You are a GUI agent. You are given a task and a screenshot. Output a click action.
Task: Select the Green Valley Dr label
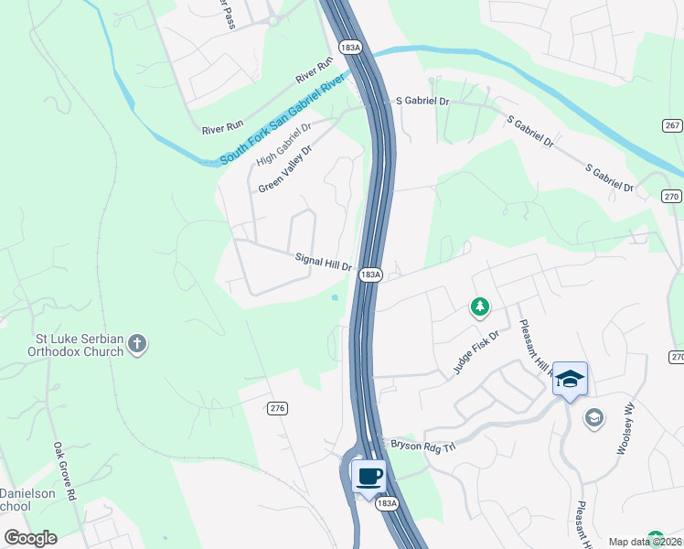tap(285, 169)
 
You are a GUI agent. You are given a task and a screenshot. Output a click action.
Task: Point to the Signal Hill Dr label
tap(324, 262)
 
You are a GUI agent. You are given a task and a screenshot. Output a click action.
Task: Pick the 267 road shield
tap(672, 125)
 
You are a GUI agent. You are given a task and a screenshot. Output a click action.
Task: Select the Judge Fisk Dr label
tap(476, 352)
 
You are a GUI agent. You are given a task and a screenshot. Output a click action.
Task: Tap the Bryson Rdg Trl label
tap(422, 444)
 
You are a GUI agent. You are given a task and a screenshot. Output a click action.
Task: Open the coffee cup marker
tap(369, 477)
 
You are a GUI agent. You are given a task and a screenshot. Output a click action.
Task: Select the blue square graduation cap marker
tap(570, 380)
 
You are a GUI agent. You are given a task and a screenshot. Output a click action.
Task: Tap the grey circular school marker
tap(594, 418)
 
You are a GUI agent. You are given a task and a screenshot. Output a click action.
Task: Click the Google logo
tap(30, 538)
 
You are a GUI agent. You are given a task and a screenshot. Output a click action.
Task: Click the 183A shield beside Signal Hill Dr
tap(370, 274)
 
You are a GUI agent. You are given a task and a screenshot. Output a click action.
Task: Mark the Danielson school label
tap(27, 500)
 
